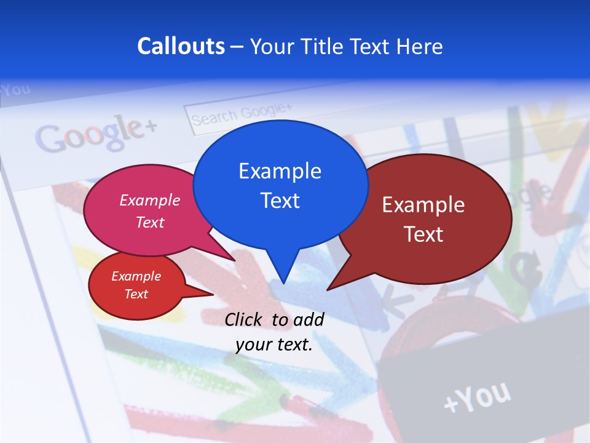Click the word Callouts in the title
click(181, 46)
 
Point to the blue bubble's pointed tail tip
click(283, 283)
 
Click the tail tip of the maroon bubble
click(328, 289)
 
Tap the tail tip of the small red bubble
click(213, 294)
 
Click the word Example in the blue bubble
click(280, 171)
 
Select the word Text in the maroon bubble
click(423, 234)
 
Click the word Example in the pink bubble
click(150, 201)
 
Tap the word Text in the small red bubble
click(136, 294)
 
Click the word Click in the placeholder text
click(244, 319)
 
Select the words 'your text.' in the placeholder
click(274, 345)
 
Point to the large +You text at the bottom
click(477, 397)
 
